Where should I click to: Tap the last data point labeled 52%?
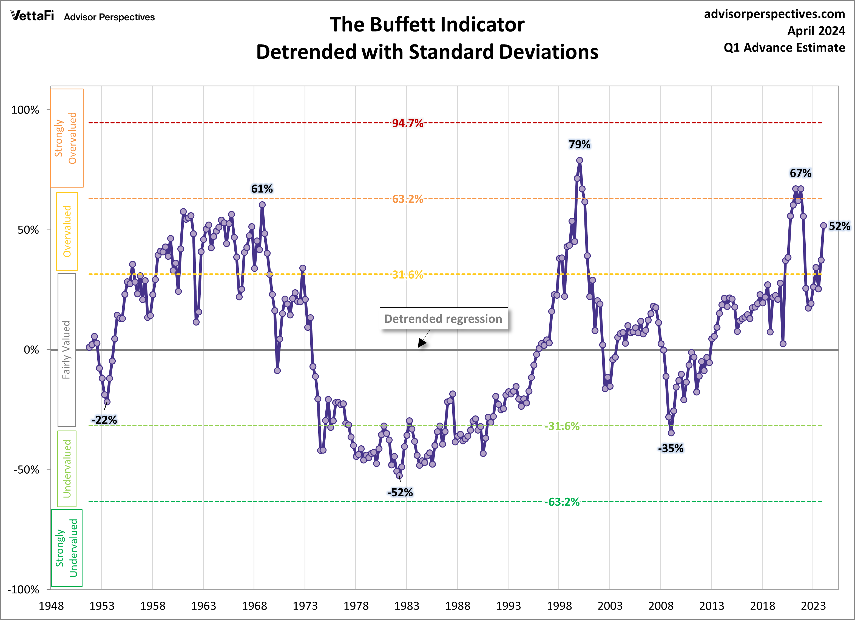click(823, 225)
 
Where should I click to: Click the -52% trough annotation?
click(400, 492)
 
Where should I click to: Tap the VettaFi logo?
click(32, 16)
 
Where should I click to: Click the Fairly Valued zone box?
click(67, 350)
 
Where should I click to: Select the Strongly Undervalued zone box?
click(67, 548)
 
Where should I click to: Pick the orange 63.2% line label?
click(408, 199)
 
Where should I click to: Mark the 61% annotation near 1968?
click(262, 189)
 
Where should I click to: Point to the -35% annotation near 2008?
click(671, 448)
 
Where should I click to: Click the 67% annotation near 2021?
click(800, 173)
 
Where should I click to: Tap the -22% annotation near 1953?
click(104, 420)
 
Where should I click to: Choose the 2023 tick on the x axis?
click(813, 606)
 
